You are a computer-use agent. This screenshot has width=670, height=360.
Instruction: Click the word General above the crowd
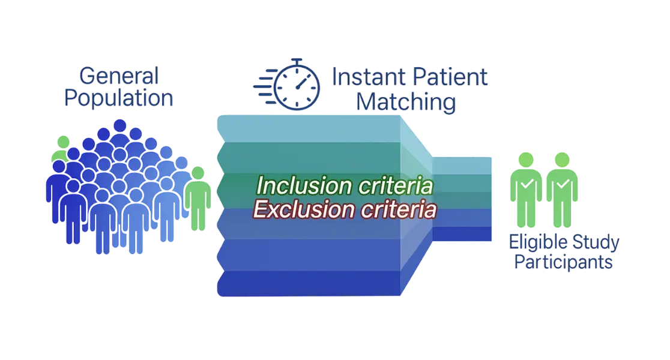118,77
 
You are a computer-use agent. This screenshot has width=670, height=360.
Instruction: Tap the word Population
118,98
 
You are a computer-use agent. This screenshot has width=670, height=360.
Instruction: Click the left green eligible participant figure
525,189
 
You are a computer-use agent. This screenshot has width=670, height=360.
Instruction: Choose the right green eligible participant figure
562,189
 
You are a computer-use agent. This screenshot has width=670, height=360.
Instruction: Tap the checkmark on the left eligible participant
526,183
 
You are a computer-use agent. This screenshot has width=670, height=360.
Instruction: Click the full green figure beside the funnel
197,198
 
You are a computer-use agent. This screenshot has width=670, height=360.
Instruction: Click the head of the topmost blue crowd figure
120,125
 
